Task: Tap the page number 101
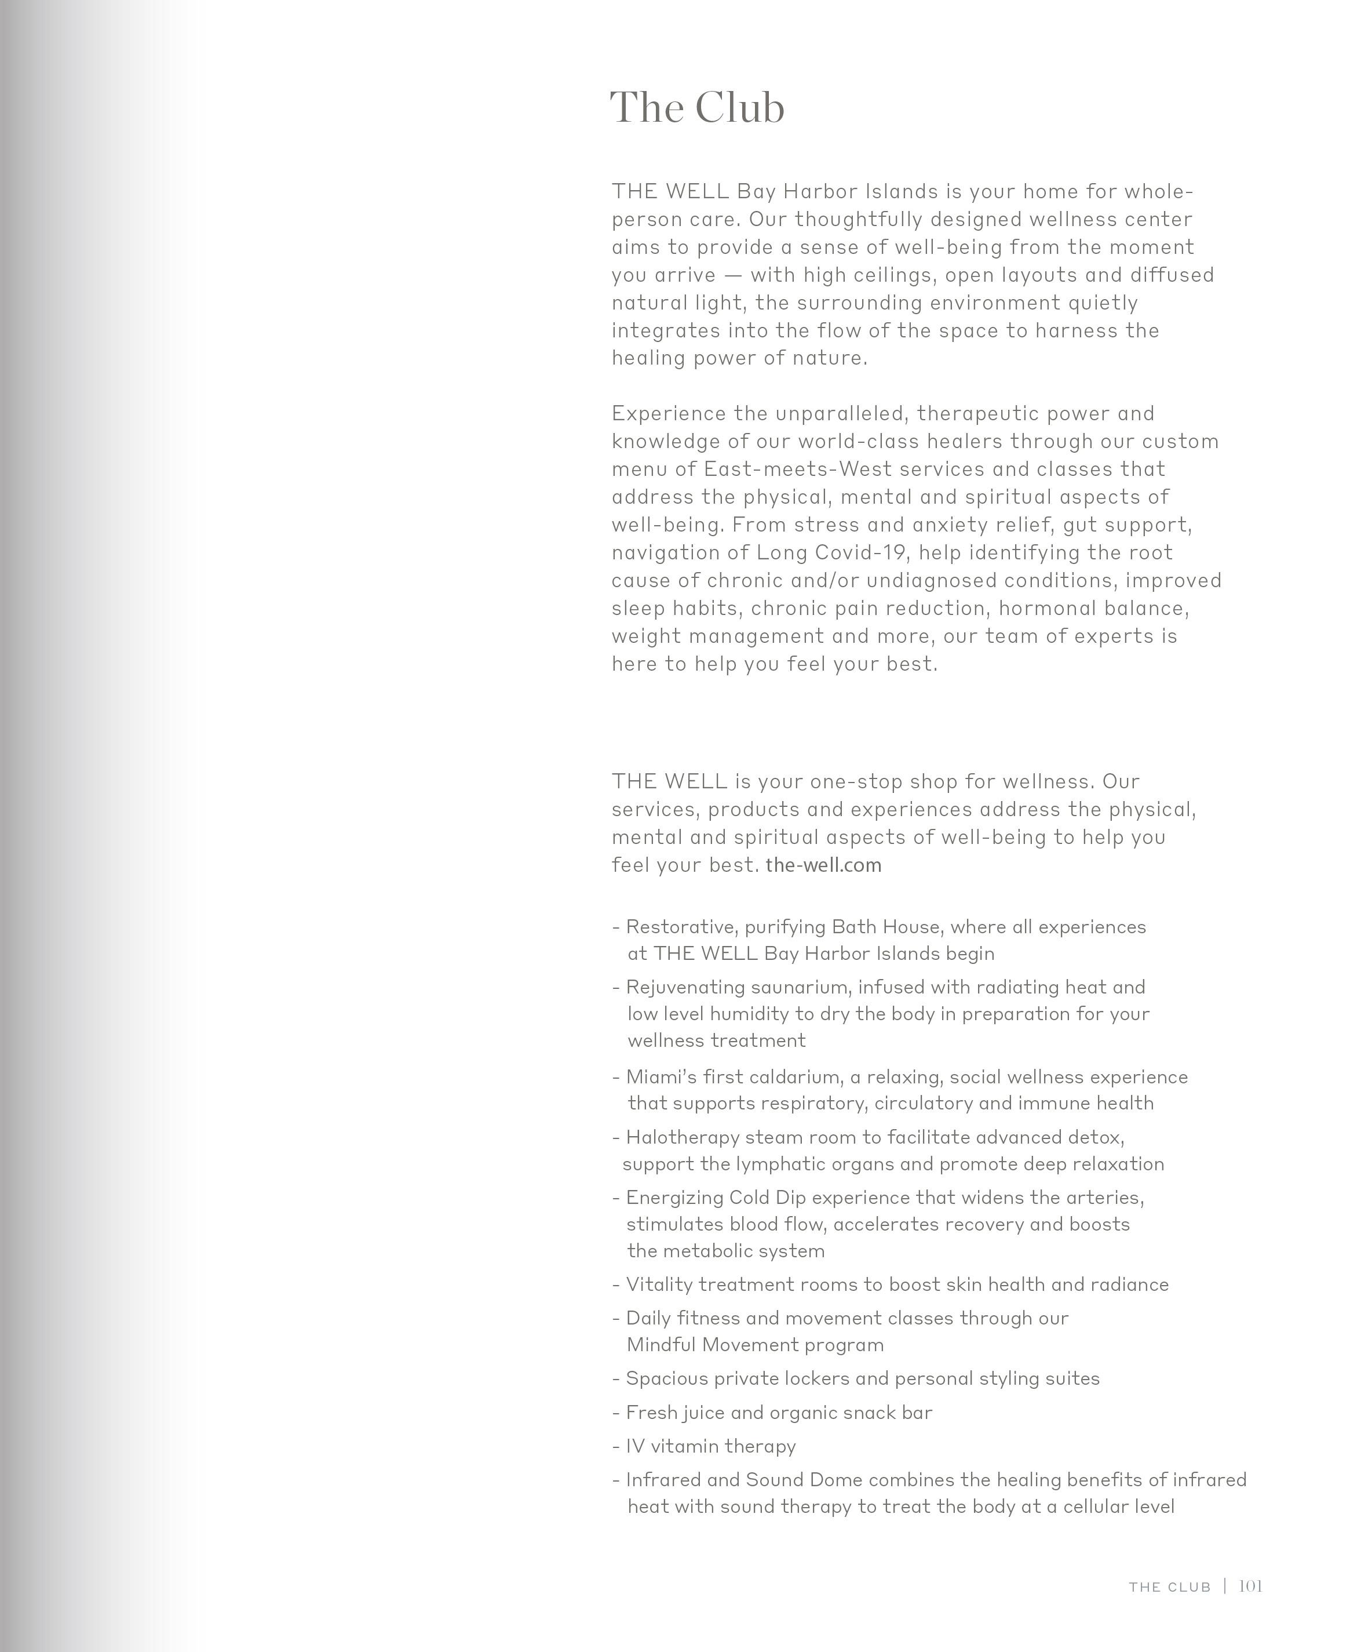pos(1250,1586)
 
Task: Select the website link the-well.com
pos(823,865)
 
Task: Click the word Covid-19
pos(861,552)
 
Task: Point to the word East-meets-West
pos(798,469)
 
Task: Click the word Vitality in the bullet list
pos(659,1284)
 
